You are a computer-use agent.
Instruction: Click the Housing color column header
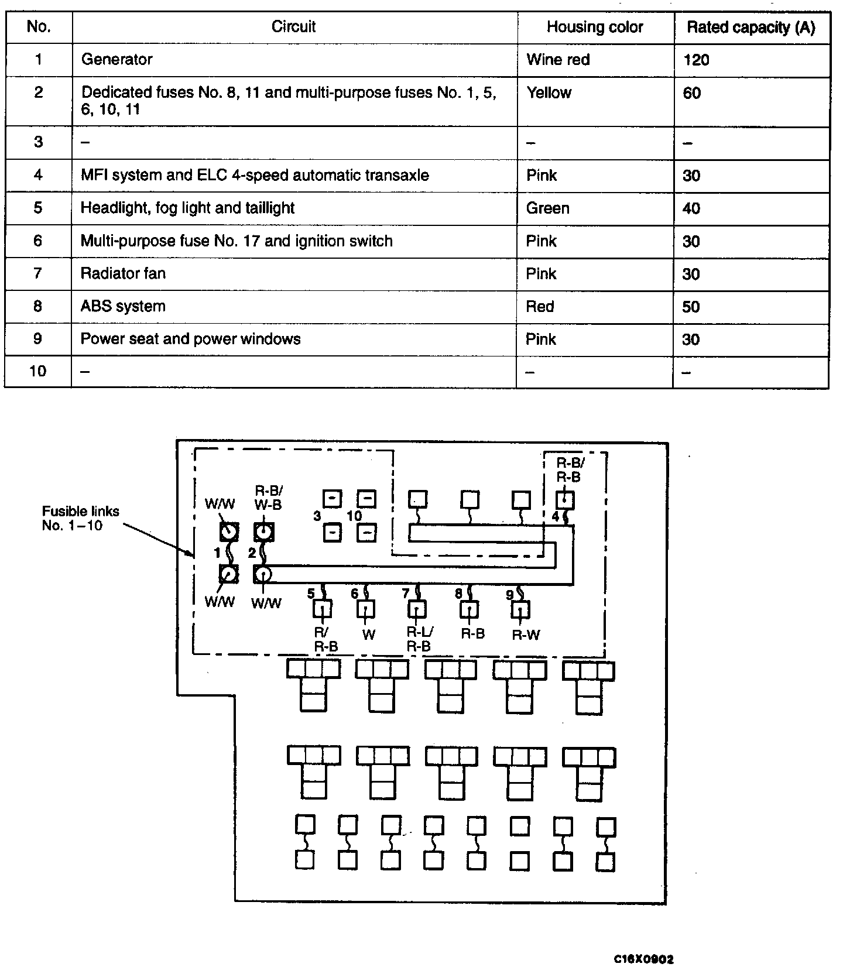(595, 27)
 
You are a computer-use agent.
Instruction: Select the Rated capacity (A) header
(751, 27)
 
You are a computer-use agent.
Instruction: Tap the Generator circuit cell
(117, 59)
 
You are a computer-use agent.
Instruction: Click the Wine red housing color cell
(558, 59)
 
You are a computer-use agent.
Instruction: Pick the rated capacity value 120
(696, 60)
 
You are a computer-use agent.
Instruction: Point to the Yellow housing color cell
(549, 92)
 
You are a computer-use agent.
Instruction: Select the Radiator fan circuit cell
(123, 273)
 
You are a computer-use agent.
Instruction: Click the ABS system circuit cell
(123, 306)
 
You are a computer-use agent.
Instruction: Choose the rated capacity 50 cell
(691, 307)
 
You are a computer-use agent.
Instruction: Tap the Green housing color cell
(547, 208)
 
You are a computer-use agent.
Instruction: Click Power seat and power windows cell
(190, 339)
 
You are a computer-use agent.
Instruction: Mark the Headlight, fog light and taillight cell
(187, 208)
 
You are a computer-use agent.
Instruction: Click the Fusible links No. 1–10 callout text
(80, 518)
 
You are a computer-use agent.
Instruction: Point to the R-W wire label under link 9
(526, 635)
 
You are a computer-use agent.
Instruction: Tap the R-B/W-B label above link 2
(268, 497)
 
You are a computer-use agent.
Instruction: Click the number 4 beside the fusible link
(556, 516)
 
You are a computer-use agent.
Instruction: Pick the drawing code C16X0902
(643, 959)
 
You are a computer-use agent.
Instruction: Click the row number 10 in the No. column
(37, 371)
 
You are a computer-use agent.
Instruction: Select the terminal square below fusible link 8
(470, 610)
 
